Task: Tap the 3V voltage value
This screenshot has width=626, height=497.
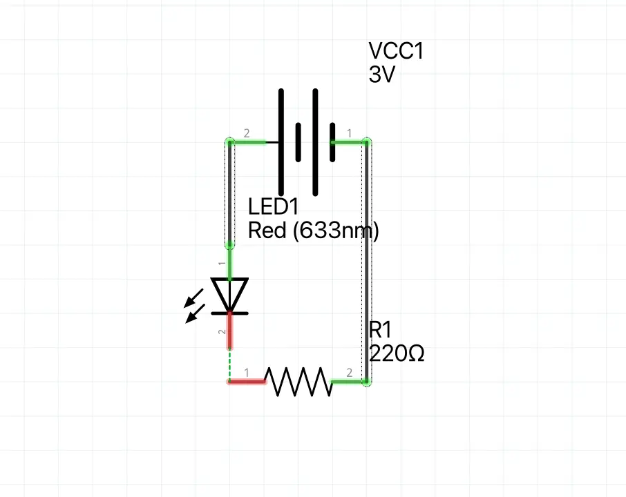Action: tap(381, 75)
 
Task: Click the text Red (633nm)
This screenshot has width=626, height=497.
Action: tap(313, 231)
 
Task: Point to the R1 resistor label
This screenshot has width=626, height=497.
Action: tap(381, 330)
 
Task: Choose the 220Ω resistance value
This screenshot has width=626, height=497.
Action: tap(397, 354)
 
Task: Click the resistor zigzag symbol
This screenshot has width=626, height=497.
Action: tap(298, 382)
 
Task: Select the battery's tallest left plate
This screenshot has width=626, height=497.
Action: tap(281, 142)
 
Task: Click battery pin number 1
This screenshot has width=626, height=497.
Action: tap(349, 133)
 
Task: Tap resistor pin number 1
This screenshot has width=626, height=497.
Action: tap(245, 373)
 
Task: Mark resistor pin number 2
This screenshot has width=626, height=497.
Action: tap(349, 373)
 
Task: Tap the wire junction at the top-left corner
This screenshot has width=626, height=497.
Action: tap(230, 142)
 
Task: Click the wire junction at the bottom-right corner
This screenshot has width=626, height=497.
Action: tap(368, 382)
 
